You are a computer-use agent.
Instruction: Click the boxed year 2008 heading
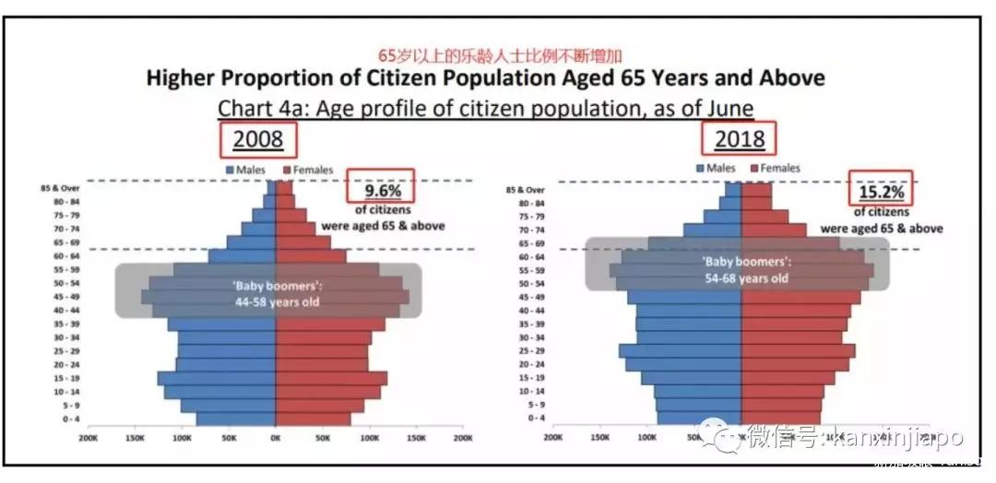[x=258, y=139]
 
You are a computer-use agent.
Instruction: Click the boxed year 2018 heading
[x=740, y=139]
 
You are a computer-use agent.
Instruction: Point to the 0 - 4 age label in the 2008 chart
[x=71, y=418]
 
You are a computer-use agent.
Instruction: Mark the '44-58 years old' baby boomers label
[x=276, y=300]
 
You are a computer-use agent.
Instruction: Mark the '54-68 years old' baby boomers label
[x=743, y=277]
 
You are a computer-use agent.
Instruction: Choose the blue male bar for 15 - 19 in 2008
[x=217, y=378]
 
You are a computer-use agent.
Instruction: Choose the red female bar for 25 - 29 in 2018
[x=798, y=351]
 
